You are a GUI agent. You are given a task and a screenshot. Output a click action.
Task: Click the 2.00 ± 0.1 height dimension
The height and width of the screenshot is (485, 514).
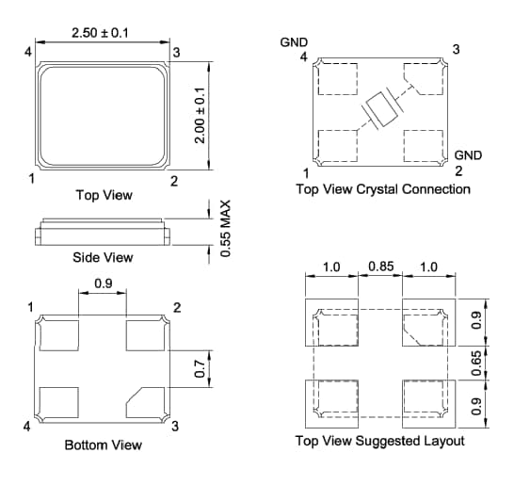200,116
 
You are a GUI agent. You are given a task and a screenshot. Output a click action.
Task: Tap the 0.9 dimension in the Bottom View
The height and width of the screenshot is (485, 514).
103,283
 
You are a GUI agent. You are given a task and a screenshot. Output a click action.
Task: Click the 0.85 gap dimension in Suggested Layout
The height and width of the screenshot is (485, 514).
381,267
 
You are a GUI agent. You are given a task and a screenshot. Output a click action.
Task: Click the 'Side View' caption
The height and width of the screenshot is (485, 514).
103,257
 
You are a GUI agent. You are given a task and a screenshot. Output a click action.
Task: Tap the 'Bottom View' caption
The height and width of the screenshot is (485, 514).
104,445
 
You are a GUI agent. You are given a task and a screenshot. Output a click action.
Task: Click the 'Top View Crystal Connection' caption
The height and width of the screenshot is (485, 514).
383,189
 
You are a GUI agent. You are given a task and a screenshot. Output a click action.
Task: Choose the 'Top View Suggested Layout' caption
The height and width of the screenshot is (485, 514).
379,441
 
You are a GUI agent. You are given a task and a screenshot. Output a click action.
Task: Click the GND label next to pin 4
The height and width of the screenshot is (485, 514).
294,42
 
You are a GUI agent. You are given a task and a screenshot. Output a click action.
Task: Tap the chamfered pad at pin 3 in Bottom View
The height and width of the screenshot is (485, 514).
147,399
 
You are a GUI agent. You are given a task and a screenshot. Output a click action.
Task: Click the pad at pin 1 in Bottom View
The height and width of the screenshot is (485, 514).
59,333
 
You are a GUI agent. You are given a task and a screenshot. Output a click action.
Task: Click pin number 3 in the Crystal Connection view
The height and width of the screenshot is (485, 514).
457,48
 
